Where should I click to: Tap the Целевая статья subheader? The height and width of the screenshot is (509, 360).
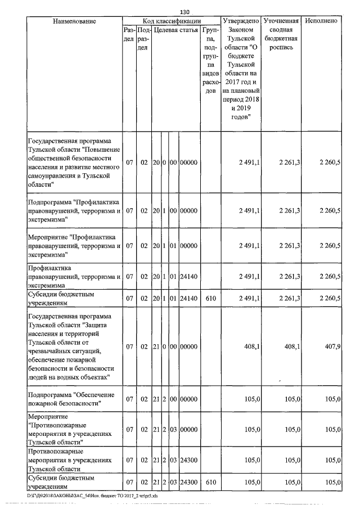click(x=175, y=29)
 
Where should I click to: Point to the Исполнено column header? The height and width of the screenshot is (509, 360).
click(x=321, y=21)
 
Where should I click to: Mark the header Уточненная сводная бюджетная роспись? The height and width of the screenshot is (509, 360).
click(x=281, y=34)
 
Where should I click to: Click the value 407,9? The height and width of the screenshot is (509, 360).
click(x=330, y=347)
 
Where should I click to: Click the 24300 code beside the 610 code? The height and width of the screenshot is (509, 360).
click(x=189, y=482)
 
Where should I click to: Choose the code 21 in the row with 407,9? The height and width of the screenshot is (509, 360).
click(x=156, y=347)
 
